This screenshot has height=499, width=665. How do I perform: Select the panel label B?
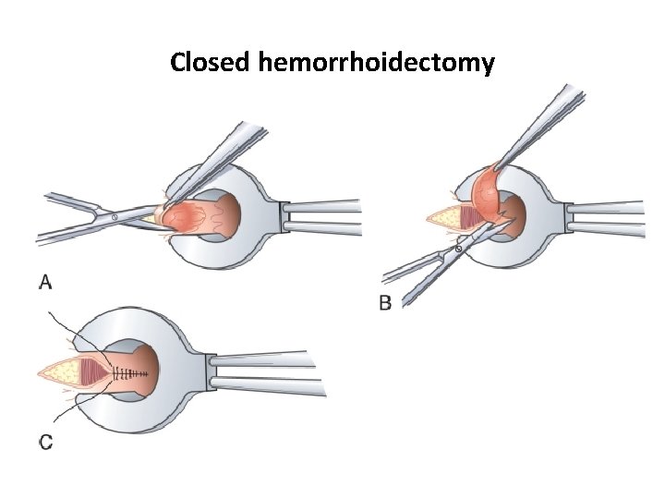386,302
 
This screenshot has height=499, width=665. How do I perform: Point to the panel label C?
45,443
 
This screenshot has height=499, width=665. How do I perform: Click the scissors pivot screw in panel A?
114,216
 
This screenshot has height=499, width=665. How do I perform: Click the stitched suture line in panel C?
130,372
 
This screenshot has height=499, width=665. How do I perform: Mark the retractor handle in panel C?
268,372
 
